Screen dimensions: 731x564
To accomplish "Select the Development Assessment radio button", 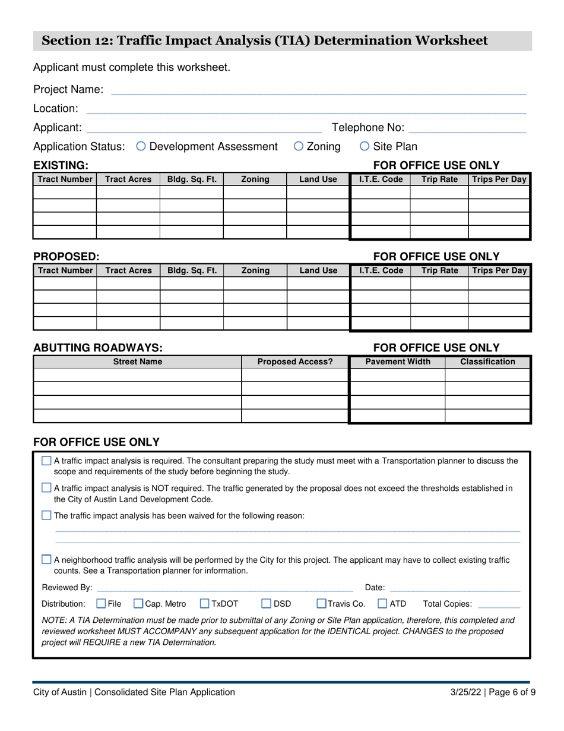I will [141, 146].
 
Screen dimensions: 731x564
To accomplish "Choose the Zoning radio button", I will [299, 146].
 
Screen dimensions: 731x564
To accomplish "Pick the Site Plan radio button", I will [365, 146].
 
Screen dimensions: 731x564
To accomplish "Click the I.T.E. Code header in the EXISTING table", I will [381, 179].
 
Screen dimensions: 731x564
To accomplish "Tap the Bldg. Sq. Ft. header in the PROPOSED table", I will [192, 270].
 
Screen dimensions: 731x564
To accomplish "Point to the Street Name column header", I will [138, 361].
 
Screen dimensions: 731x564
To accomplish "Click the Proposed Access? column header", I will [295, 361].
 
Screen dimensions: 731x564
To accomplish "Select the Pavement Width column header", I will [398, 361].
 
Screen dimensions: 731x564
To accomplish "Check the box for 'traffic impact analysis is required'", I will [47, 461].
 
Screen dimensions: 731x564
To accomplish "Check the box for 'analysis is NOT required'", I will [47, 488].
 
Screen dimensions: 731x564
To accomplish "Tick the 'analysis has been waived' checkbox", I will [47, 515].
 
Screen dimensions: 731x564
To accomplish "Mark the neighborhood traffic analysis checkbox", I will [47, 559].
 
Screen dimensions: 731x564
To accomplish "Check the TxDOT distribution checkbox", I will [205, 604].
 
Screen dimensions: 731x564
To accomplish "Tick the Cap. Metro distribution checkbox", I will [138, 604].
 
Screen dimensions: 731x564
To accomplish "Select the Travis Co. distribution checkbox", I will [321, 604].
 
